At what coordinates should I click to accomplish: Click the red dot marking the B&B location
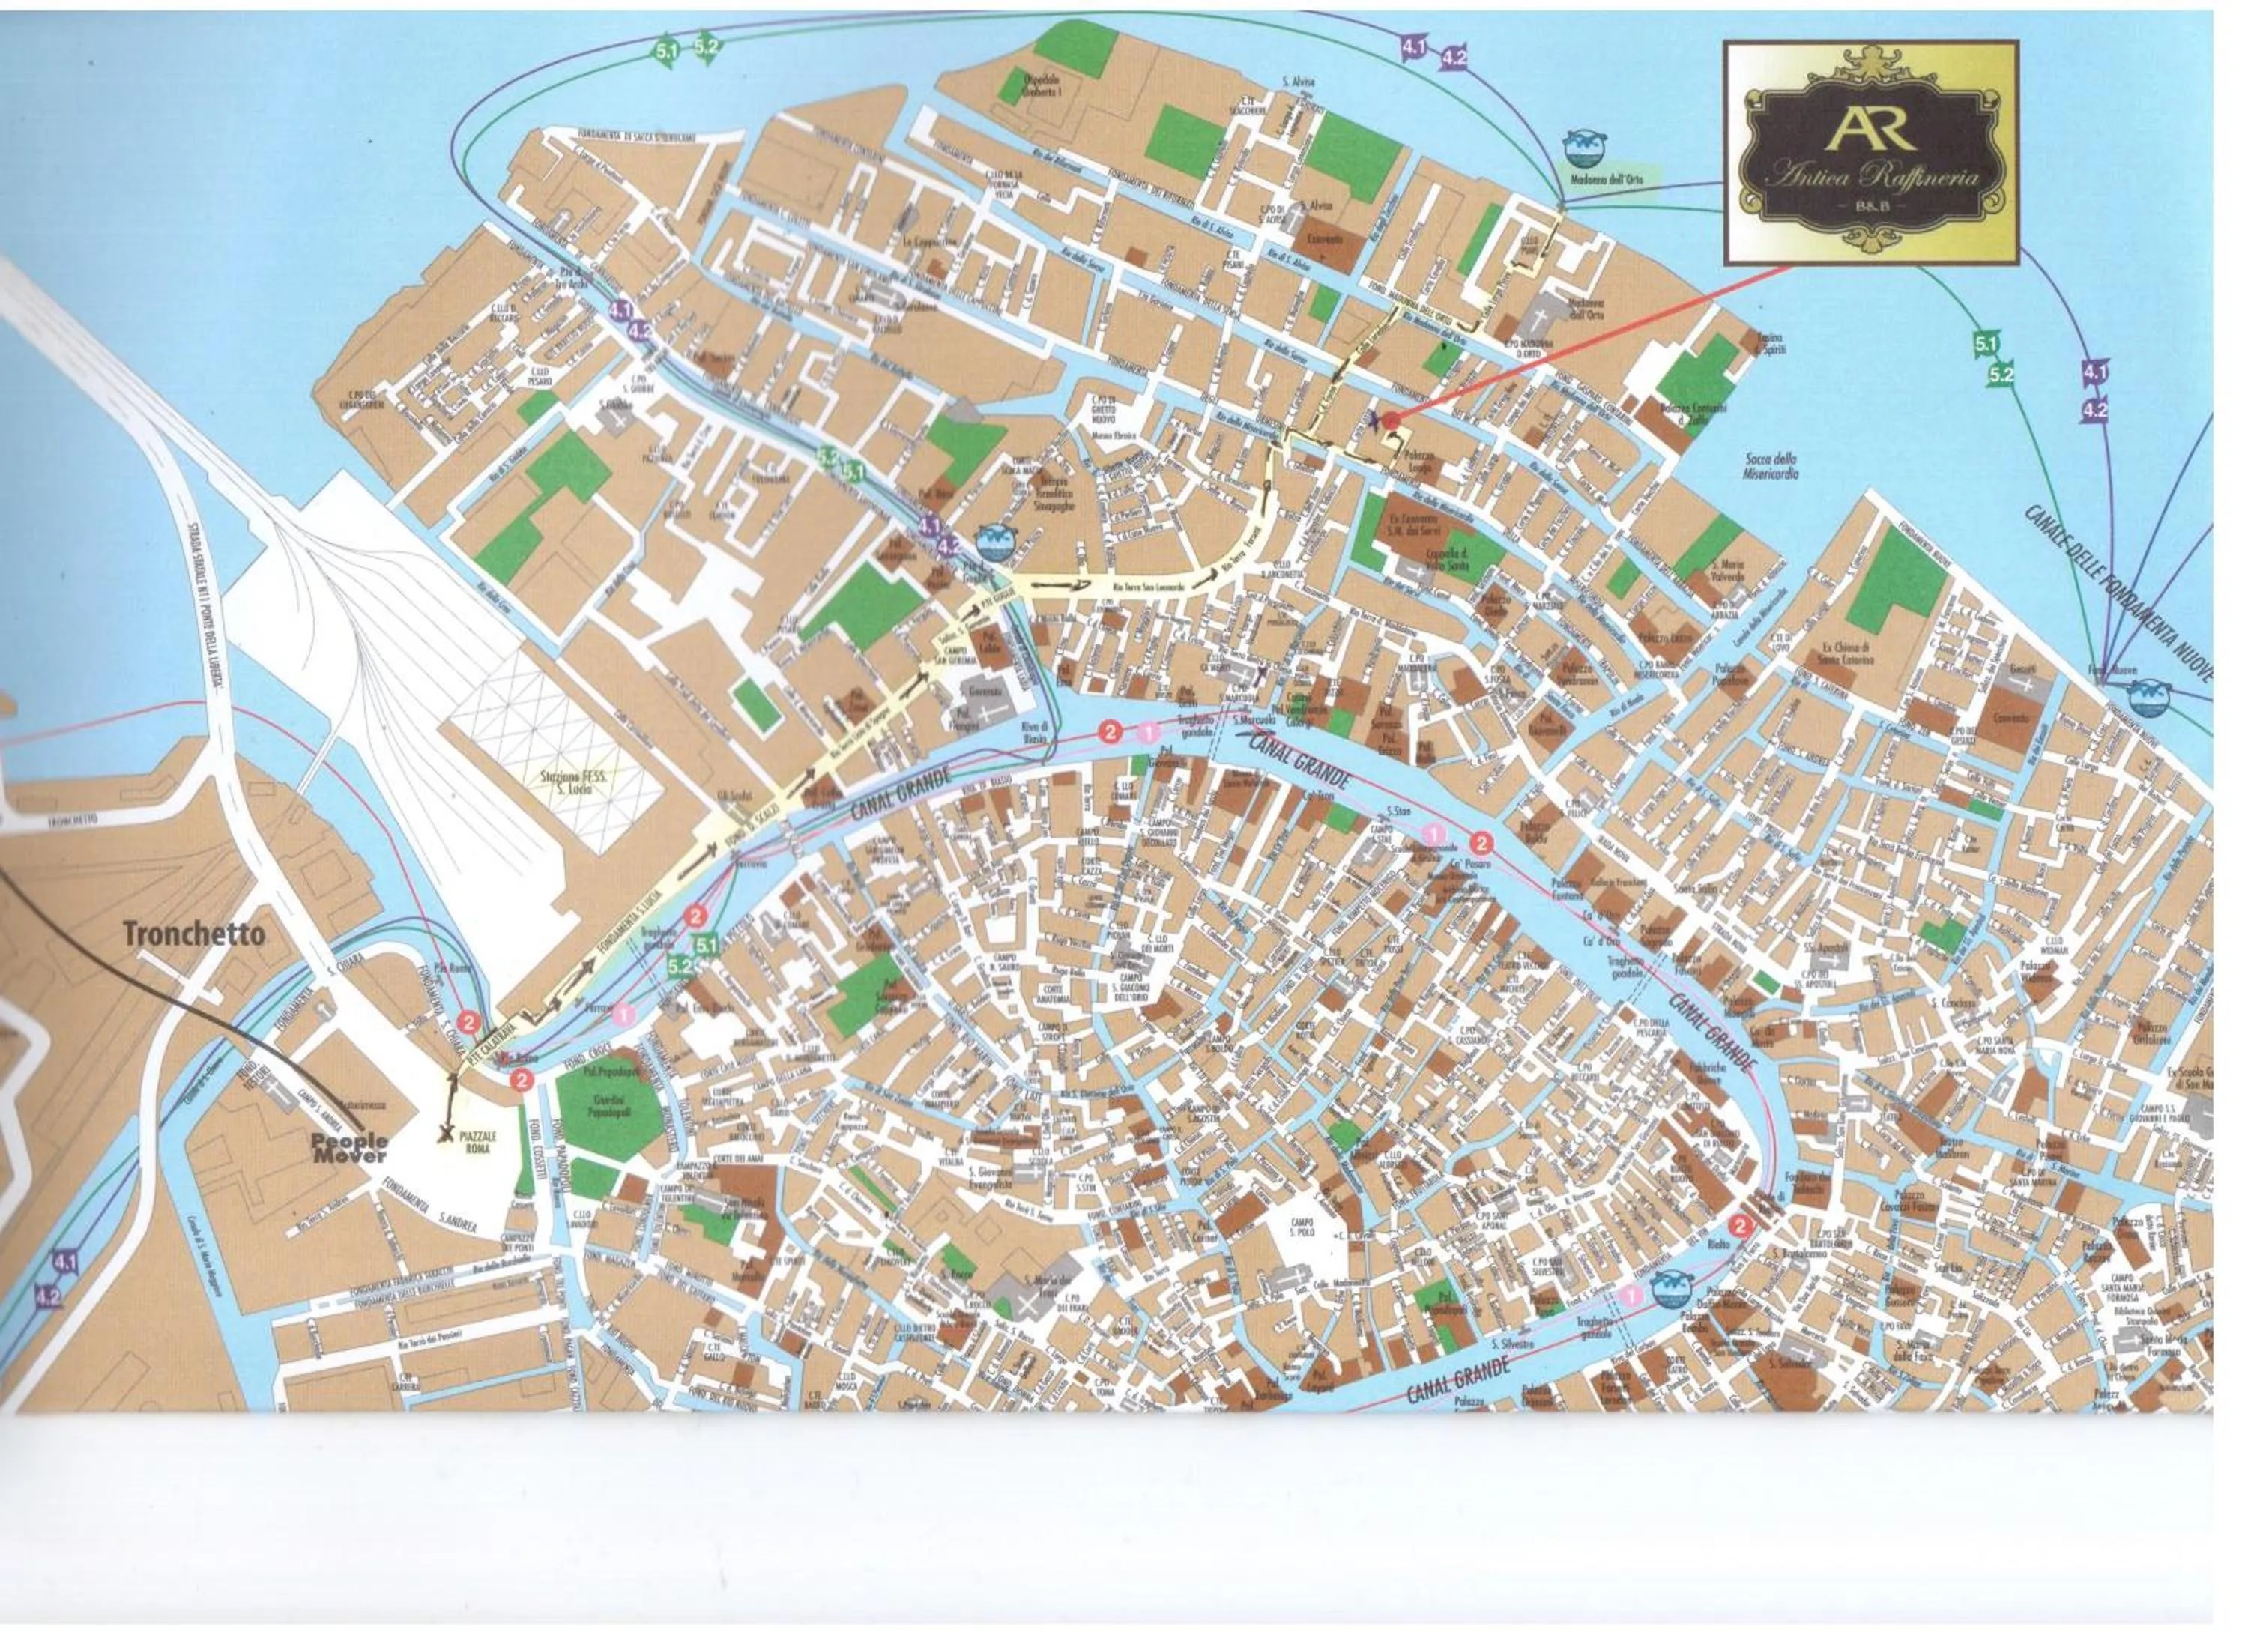click(x=1391, y=421)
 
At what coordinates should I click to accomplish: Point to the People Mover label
click(x=350, y=1149)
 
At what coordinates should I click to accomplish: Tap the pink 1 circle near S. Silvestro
click(x=1631, y=1294)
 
